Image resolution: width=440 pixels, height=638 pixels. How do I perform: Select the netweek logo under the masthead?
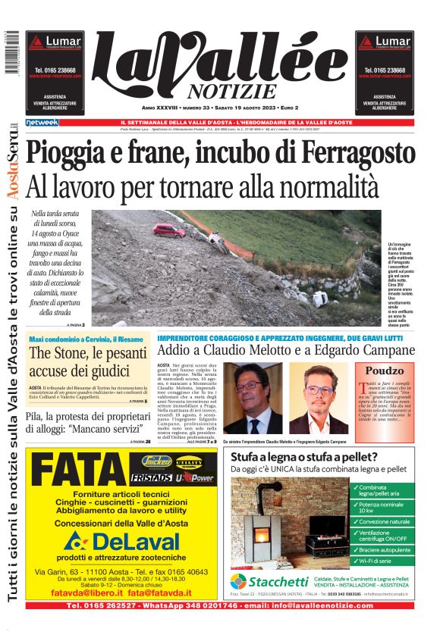coord(42,123)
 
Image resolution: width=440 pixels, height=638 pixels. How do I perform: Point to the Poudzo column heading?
coord(385,371)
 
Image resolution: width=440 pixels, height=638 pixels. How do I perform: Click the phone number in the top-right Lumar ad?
coord(384,70)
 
